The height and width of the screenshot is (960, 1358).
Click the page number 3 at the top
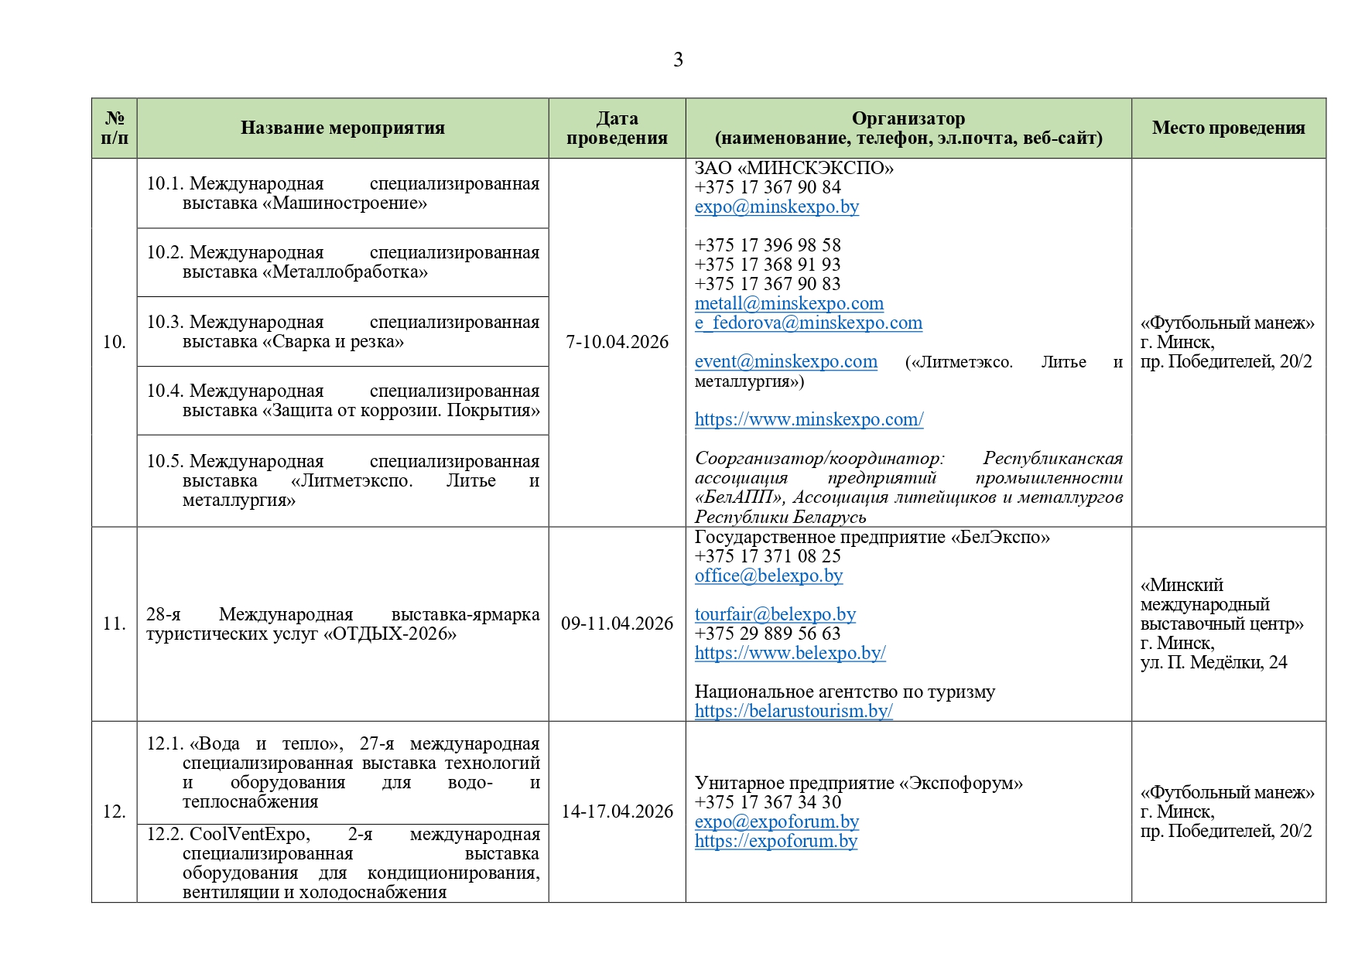coord(678,60)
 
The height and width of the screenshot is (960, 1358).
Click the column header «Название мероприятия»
coord(342,128)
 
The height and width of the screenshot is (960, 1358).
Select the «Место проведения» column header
coord(1228,128)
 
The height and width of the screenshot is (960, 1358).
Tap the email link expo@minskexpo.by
coord(776,207)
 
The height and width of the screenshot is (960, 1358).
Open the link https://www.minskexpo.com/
coord(809,419)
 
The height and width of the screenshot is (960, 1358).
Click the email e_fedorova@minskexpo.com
coord(808,323)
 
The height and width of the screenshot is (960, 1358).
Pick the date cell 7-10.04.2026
coord(617,342)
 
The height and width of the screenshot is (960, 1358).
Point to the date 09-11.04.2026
coord(617,623)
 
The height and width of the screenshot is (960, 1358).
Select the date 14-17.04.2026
coord(617,811)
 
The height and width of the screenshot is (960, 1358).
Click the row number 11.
coord(114,623)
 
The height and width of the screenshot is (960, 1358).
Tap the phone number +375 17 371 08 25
coord(767,556)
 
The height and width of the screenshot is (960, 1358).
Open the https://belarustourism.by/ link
coord(793,711)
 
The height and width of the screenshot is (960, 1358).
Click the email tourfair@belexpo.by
coord(775,614)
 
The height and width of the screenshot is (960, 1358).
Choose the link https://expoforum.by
coord(775,841)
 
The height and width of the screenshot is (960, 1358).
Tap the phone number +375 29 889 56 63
coord(767,634)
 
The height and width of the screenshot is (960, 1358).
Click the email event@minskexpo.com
coord(785,361)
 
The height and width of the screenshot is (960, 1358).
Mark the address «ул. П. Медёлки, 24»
coord(1213,662)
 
